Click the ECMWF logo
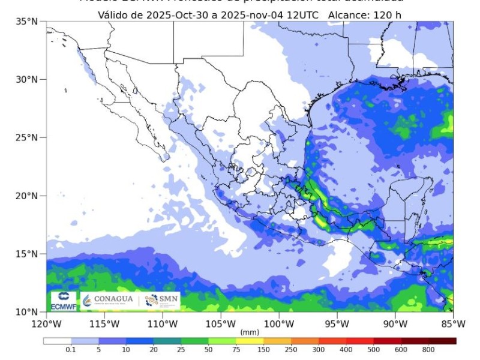point(63,301)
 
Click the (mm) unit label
point(249,332)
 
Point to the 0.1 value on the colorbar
point(70,350)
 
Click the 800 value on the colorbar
point(428,350)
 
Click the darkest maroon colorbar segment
point(443,341)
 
